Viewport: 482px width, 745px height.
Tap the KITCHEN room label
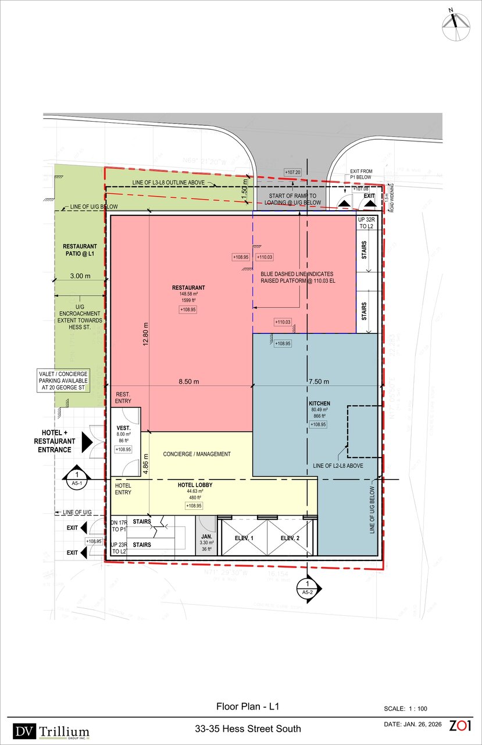tap(320, 403)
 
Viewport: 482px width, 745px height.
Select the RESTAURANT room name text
tap(188, 288)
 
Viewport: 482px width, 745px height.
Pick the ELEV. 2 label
tap(290, 538)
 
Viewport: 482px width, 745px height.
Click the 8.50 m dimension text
tap(189, 382)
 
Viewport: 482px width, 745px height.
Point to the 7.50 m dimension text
tap(319, 382)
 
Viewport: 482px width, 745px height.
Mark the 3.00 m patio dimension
tap(80, 276)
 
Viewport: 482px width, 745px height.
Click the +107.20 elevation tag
tap(292, 172)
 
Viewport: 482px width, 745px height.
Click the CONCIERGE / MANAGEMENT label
tap(197, 454)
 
